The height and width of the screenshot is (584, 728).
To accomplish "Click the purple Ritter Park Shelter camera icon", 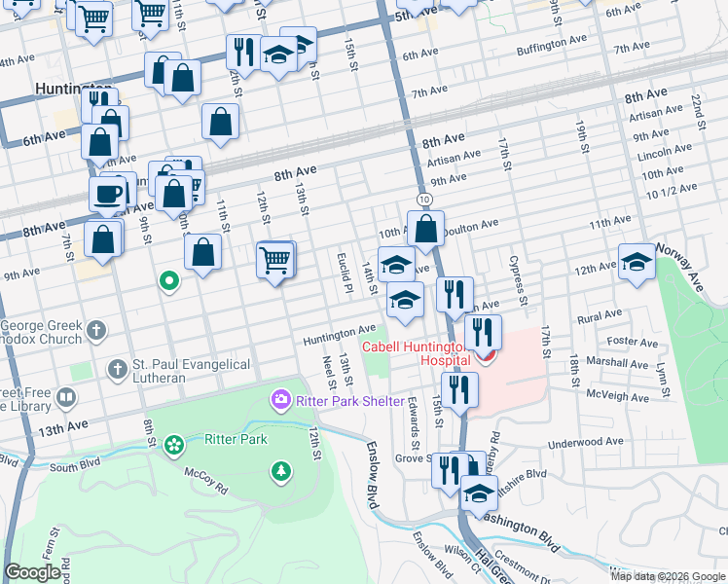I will click(x=281, y=399).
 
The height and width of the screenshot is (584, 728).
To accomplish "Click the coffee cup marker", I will click(x=107, y=193).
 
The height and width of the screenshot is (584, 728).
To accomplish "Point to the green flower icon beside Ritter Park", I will click(x=175, y=446).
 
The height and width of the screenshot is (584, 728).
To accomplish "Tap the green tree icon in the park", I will click(x=281, y=471).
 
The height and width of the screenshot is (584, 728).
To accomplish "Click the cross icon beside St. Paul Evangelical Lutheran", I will click(x=117, y=369).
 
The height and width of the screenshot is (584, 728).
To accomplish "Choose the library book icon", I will click(x=66, y=397).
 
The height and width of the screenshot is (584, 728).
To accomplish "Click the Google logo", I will click(x=32, y=572).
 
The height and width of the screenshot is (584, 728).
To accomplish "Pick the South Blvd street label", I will click(x=76, y=467).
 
